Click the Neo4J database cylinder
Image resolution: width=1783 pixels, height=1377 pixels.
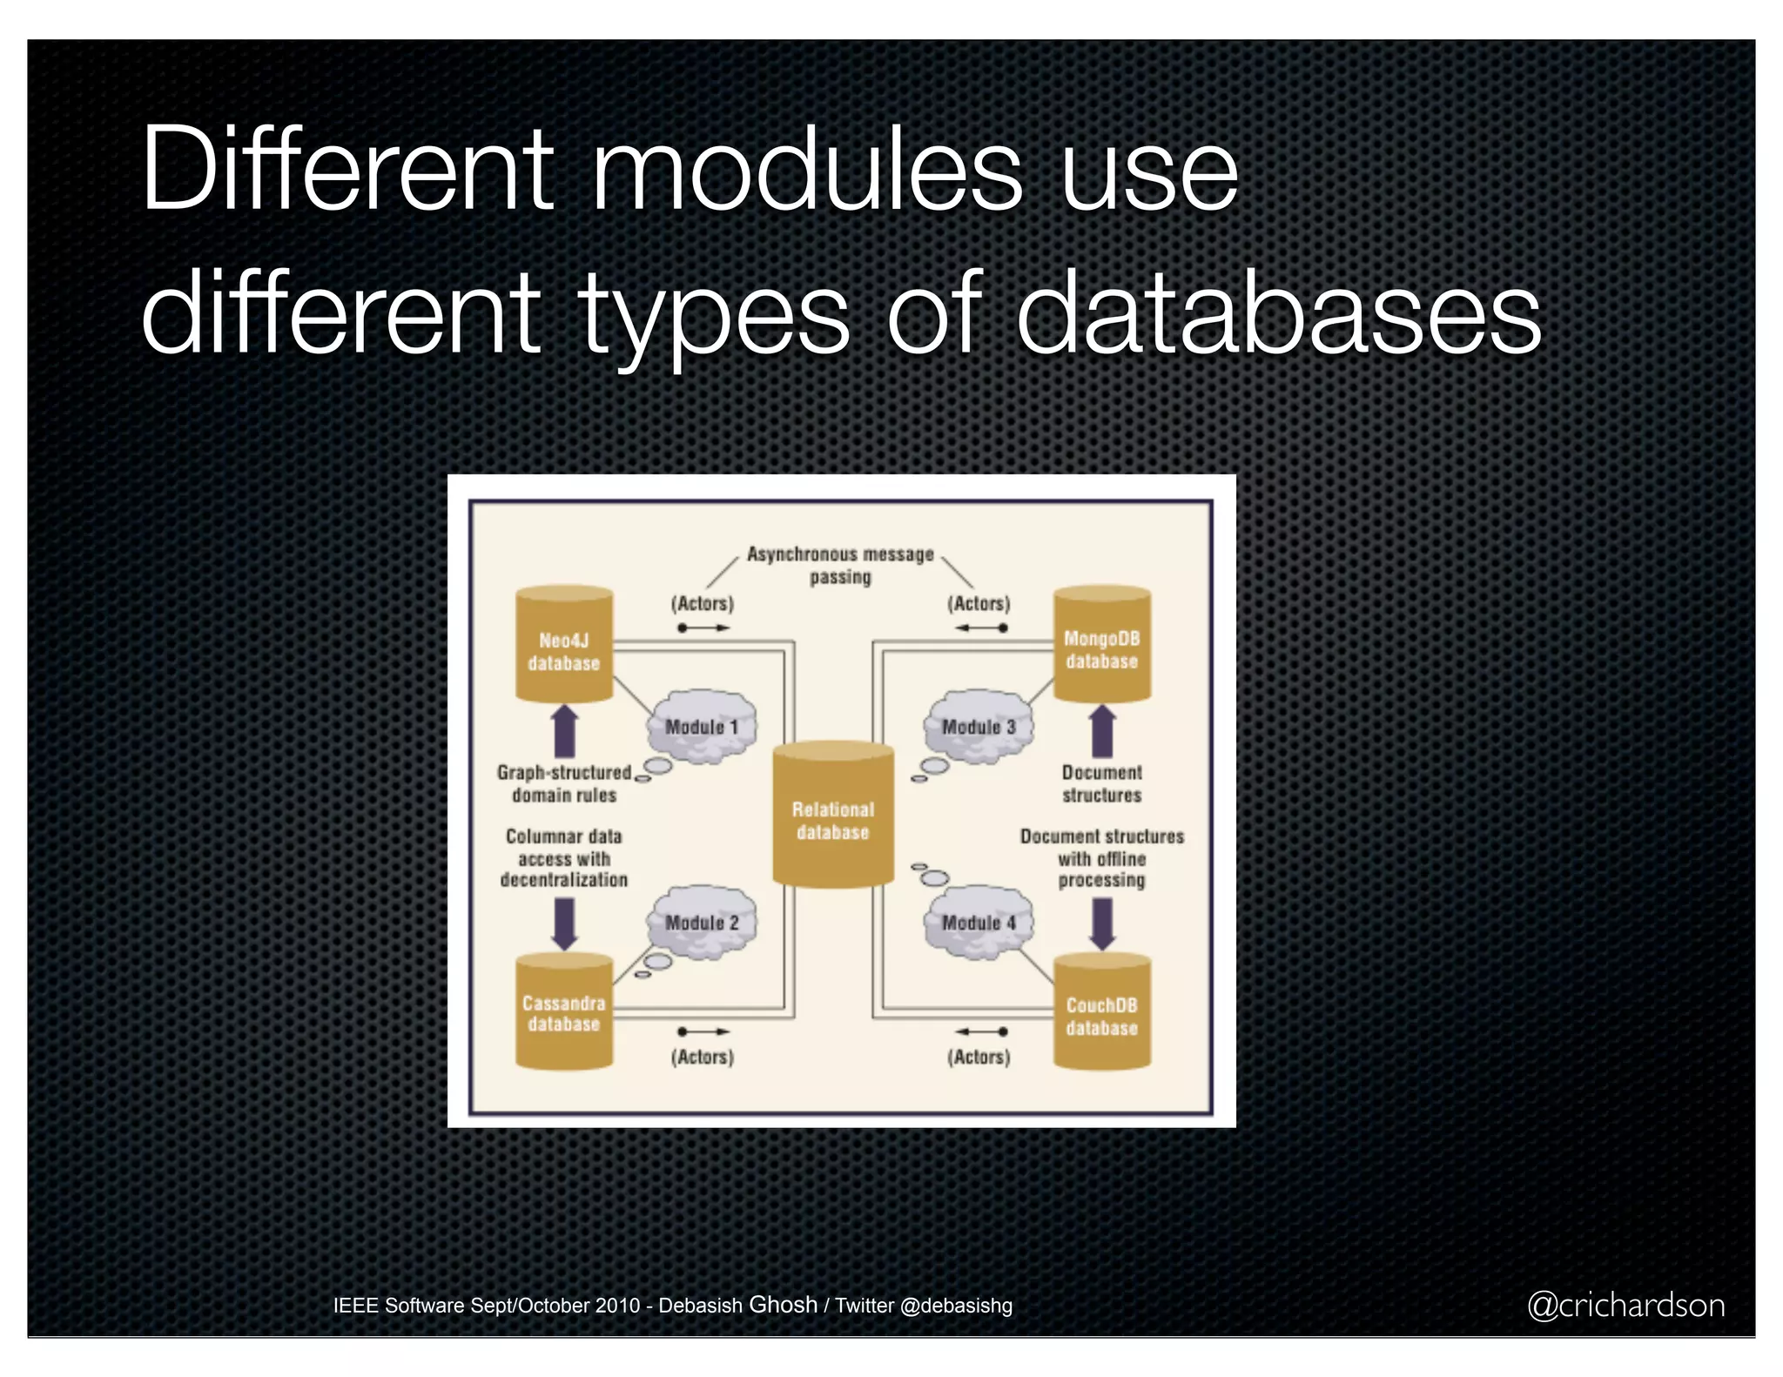[x=564, y=645]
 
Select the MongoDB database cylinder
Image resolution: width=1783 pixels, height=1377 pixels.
[x=1101, y=645]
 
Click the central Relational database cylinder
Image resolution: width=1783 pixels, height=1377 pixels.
[x=833, y=816]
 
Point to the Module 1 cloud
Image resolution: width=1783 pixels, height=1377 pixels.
[x=702, y=727]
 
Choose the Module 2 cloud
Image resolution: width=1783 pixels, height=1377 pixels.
[x=702, y=923]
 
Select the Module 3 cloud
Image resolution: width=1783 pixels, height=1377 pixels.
[x=979, y=727]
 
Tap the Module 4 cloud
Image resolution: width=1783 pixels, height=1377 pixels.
[x=979, y=923]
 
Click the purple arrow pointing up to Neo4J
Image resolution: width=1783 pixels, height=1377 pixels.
[x=565, y=731]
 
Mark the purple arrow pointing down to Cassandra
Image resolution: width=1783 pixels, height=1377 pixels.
[x=565, y=923]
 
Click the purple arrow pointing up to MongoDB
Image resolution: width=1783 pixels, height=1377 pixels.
[x=1102, y=731]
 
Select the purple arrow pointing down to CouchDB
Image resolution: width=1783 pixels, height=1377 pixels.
[x=1102, y=923]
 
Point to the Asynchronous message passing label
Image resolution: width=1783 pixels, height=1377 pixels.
[x=840, y=565]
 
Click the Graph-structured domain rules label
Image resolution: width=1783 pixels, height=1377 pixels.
[x=564, y=783]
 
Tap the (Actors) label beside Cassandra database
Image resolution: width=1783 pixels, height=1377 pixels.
[x=702, y=1057]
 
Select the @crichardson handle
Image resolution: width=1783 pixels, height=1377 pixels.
[x=1625, y=1305]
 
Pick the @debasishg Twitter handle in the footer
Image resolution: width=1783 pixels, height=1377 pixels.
[x=956, y=1306]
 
